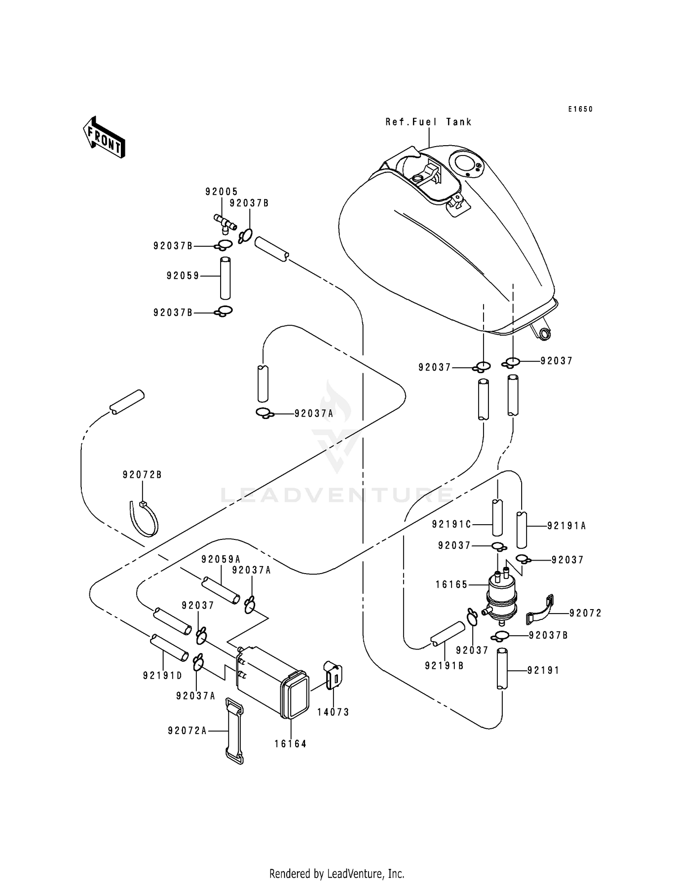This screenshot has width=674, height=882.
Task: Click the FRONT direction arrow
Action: point(104,137)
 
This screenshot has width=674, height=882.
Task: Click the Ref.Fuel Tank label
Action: point(428,122)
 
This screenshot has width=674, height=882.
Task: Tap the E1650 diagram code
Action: point(580,109)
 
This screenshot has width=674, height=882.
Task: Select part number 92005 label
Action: point(222,192)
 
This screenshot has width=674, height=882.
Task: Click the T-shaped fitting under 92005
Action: point(225,223)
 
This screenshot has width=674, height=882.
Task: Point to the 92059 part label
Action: point(183,276)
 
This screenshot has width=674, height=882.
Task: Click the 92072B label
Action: point(142,475)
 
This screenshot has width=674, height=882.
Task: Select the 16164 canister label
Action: point(290,744)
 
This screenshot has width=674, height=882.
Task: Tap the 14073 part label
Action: point(333,712)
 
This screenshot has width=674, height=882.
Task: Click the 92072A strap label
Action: point(187,731)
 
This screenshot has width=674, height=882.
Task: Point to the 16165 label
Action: point(452,585)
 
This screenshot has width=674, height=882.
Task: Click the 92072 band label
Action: point(585,613)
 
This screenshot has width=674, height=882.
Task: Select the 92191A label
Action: point(567,526)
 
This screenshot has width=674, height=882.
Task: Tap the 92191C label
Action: point(451,524)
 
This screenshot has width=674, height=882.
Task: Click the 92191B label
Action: point(444,666)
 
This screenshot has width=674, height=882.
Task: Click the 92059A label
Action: point(221,559)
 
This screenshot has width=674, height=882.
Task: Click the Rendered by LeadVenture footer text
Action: point(337,873)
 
